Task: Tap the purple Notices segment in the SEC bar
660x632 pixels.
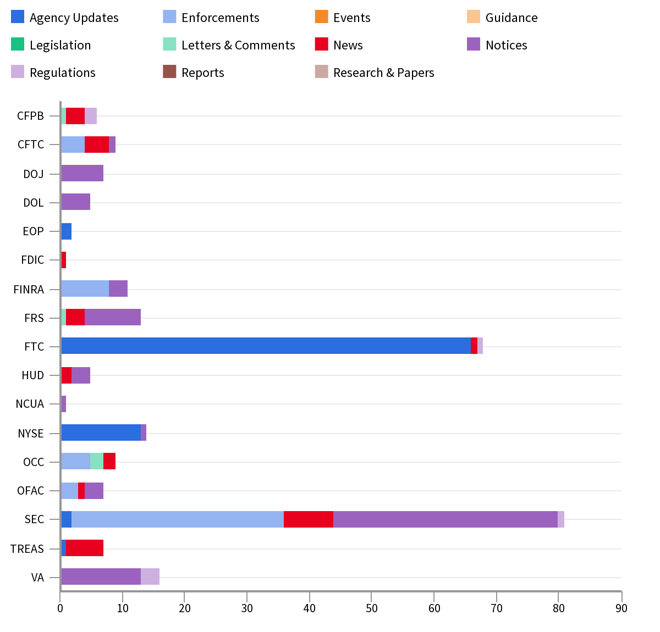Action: [x=446, y=519]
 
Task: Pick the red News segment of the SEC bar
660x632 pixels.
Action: [x=309, y=519]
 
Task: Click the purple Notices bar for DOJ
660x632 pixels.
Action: [x=82, y=173]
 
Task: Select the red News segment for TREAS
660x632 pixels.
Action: [x=85, y=548]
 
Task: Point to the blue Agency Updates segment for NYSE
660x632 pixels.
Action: [x=101, y=433]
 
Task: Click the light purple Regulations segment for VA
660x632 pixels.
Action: [x=150, y=576]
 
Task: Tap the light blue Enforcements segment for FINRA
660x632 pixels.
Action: [x=85, y=289]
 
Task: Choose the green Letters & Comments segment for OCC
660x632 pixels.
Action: [x=97, y=461]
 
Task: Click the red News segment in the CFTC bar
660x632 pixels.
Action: [x=97, y=145]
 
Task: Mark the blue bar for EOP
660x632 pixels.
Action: [x=66, y=231]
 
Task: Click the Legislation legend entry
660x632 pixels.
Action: [x=60, y=45]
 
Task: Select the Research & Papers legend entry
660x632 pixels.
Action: [x=383, y=73]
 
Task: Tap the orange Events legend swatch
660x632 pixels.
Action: [x=322, y=17]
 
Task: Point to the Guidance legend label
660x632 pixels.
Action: [x=512, y=18]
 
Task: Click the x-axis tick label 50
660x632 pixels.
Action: [x=372, y=608]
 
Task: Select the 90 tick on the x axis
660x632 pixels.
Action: [x=621, y=608]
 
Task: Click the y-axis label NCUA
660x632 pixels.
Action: [x=30, y=404]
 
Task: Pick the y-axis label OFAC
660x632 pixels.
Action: [x=30, y=491]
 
